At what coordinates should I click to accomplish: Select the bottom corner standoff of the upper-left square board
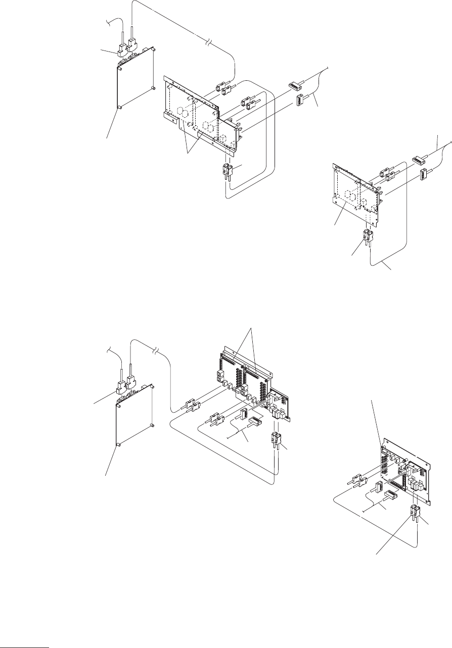pos(119,108)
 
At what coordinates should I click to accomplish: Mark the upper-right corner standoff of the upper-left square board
pos(153,51)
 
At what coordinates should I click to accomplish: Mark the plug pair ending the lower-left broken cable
pos(192,405)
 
